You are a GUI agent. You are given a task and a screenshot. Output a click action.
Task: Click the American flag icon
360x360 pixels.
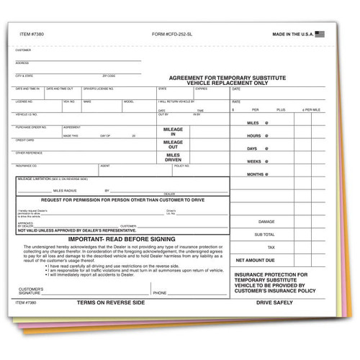click(320, 33)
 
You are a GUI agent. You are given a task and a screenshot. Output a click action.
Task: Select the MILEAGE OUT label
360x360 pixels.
click(173, 144)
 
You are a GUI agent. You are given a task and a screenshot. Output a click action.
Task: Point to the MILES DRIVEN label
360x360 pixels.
click(173, 158)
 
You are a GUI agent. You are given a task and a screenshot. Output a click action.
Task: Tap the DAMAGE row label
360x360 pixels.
click(266, 221)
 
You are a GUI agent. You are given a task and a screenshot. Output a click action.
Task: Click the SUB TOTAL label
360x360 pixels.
click(265, 234)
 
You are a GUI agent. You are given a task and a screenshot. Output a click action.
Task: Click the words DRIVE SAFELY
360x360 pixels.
click(274, 304)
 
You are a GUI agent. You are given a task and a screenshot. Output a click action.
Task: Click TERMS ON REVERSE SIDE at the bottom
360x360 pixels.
click(111, 304)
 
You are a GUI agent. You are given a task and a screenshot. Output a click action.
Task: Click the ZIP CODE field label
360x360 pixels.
click(109, 76)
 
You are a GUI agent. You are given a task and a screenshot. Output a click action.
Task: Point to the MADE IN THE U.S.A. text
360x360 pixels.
click(293, 34)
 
